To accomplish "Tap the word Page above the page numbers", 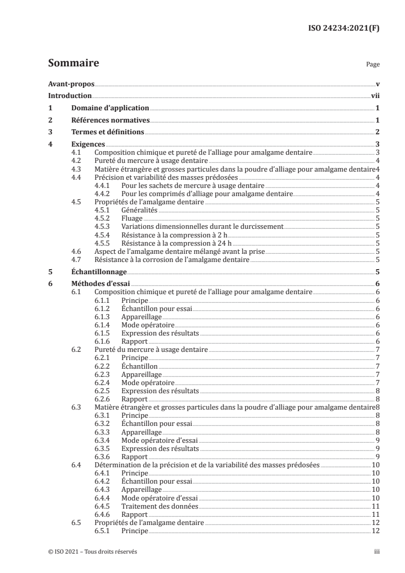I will [x=372, y=65].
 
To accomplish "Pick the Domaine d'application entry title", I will [x=110, y=108].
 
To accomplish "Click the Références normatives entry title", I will [x=110, y=120].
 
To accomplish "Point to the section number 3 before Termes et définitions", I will [x=50, y=132].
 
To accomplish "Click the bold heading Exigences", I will [x=88, y=145].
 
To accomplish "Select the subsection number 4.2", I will [x=77, y=160].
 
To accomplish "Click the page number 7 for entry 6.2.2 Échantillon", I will [x=376, y=366].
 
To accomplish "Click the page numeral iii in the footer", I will [x=376, y=552].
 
